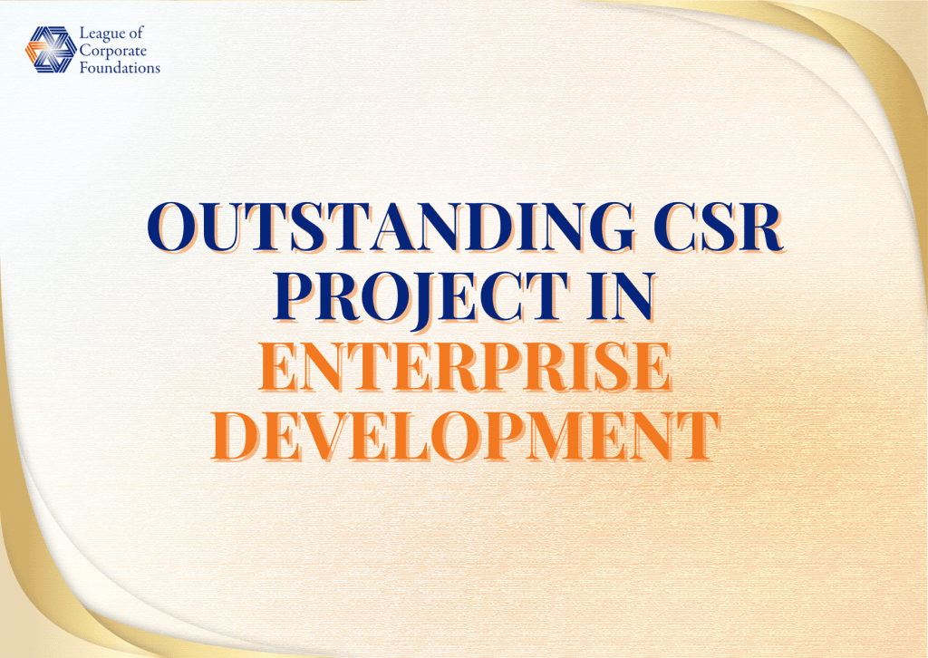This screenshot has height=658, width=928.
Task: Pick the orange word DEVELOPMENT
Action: (x=465, y=435)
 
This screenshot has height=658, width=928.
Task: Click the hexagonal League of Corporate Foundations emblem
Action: (x=51, y=50)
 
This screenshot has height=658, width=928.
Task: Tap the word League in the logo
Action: (x=101, y=34)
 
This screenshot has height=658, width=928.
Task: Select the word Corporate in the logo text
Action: (x=113, y=51)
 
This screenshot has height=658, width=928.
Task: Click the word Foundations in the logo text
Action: (x=121, y=67)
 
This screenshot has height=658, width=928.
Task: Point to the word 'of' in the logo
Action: (x=136, y=34)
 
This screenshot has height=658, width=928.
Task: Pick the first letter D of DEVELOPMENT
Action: (x=235, y=435)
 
